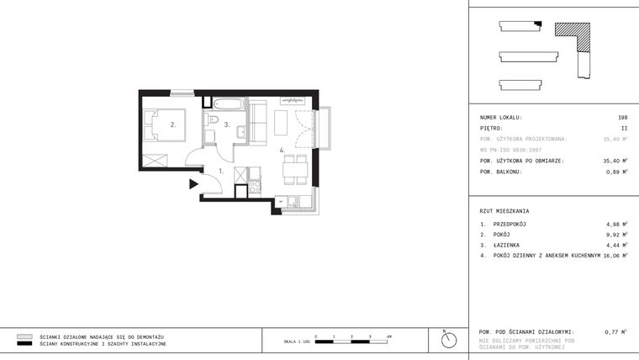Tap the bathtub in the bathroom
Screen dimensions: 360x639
(x=227, y=105)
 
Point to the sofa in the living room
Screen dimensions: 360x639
(x=258, y=122)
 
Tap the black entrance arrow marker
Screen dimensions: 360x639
(x=193, y=183)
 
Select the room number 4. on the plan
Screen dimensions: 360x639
(x=283, y=152)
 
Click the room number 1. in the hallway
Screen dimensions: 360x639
(x=220, y=171)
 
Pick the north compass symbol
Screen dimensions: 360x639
(x=449, y=339)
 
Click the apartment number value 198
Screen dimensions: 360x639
(x=622, y=118)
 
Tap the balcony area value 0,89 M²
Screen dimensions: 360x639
(x=615, y=172)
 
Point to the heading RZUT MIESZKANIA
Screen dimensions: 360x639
(x=504, y=210)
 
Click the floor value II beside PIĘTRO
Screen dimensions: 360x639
(x=624, y=129)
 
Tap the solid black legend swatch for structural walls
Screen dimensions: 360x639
(x=24, y=344)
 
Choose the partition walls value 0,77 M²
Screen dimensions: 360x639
(x=615, y=332)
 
